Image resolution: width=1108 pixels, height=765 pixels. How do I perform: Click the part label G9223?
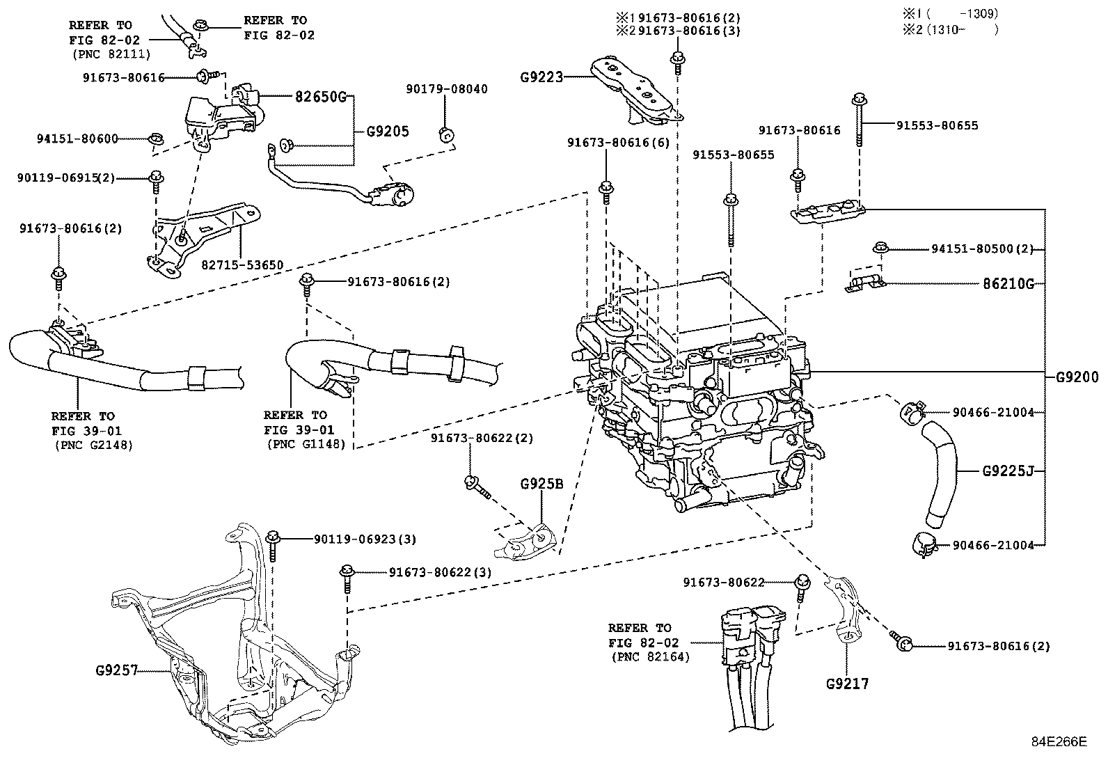[541, 77]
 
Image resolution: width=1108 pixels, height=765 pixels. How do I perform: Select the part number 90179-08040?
[447, 89]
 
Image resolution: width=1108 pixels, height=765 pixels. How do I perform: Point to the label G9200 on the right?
[1076, 378]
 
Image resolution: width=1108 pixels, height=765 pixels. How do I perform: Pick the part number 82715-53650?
[243, 265]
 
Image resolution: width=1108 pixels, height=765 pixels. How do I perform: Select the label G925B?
[541, 484]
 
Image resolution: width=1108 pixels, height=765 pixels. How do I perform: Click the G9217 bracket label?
[847, 684]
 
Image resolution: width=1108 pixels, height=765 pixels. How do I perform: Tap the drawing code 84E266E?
[1059, 741]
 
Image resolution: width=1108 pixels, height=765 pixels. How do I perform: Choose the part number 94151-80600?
[77, 139]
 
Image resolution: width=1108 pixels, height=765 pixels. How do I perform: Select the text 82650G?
[317, 97]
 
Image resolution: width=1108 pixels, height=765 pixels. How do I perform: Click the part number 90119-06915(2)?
[66, 178]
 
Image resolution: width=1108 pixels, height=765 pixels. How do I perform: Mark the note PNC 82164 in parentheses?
[651, 656]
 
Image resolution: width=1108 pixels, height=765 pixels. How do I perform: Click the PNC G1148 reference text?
[305, 444]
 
